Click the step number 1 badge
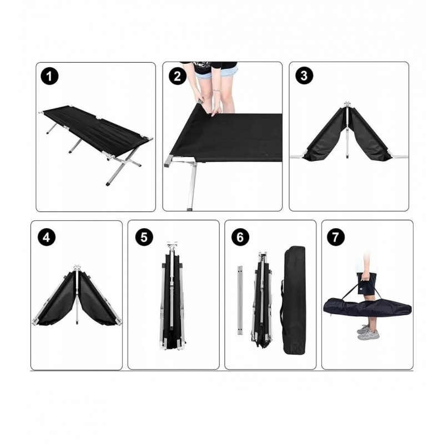[49, 77]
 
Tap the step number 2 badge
[177, 76]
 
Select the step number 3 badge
[304, 75]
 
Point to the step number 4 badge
[47, 238]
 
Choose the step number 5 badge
[144, 238]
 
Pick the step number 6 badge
[240, 237]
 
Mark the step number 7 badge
[336, 237]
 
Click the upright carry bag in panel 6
[295, 300]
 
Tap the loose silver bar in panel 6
[240, 300]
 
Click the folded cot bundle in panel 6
[262, 300]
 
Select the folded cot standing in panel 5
[173, 296]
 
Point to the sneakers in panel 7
[368, 332]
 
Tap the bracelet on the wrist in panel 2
[216, 90]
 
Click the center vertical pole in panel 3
[347, 130]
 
